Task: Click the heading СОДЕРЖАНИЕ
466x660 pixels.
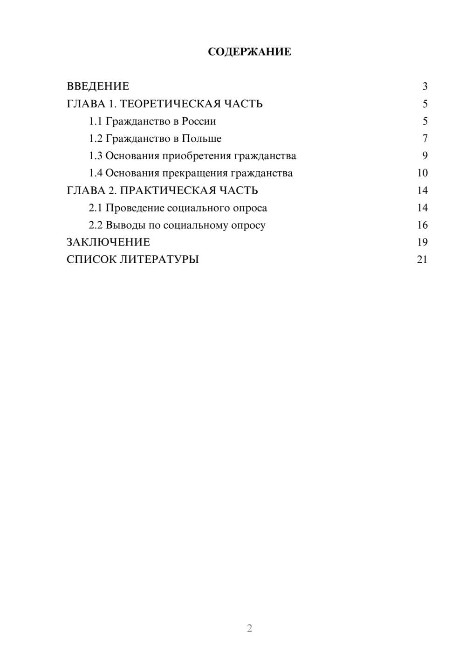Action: tap(249, 52)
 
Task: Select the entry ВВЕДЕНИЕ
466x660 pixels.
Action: tap(98, 86)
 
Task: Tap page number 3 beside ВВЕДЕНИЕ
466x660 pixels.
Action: tap(425, 86)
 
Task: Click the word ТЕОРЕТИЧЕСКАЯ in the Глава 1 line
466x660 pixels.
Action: tap(169, 104)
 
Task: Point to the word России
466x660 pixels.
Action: tap(199, 121)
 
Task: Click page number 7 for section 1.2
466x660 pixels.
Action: tap(425, 139)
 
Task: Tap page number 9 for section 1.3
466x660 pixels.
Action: tap(425, 156)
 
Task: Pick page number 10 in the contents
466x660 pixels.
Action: tap(422, 173)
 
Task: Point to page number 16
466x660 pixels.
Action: tap(422, 225)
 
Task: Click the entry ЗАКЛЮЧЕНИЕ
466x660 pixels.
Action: tap(108, 242)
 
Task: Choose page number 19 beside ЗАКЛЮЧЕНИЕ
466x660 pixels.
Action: tap(422, 242)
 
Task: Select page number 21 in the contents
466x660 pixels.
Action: tap(422, 260)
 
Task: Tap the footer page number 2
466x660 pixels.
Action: tap(249, 628)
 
